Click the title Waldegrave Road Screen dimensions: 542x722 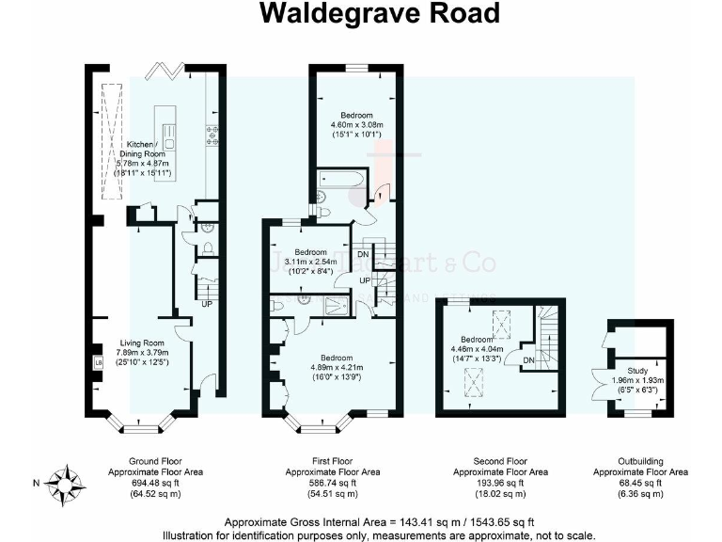click(x=379, y=14)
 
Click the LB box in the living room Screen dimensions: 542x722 click(x=98, y=362)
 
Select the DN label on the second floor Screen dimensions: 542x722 click(x=529, y=360)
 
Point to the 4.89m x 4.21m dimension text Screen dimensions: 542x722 click(x=337, y=368)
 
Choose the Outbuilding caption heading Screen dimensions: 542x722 click(x=639, y=461)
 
